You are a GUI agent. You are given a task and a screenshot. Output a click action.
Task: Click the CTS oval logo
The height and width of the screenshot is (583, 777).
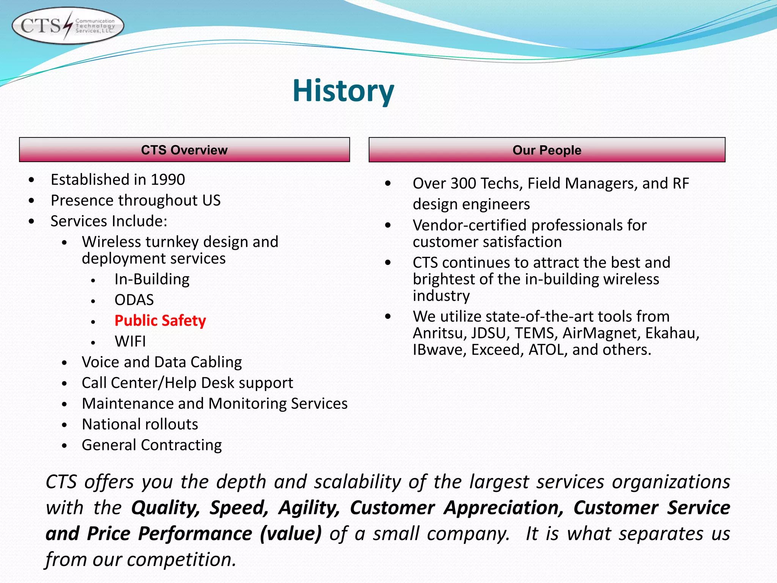[x=68, y=26]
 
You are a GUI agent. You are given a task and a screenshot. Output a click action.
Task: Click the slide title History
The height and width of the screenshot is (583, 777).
[x=343, y=91]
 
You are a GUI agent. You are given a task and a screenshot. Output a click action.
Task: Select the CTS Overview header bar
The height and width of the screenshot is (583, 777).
[x=184, y=150]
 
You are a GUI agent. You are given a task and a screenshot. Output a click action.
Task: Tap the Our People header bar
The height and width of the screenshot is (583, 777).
[x=547, y=150]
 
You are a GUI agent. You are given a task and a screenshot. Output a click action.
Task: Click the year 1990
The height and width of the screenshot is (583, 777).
[x=168, y=180]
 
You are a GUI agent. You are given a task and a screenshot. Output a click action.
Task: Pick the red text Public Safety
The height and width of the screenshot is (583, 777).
[x=160, y=321]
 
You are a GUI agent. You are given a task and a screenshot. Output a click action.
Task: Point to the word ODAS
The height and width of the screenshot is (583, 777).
[x=134, y=300]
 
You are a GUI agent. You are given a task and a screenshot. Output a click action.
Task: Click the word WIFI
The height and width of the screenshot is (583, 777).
[x=130, y=341]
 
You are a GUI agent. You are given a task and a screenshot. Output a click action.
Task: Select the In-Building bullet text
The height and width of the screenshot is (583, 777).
[x=152, y=279]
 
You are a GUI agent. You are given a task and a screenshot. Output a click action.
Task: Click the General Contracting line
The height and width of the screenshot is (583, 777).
[x=152, y=445]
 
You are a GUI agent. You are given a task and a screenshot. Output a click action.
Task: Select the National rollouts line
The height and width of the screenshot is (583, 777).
[x=140, y=424]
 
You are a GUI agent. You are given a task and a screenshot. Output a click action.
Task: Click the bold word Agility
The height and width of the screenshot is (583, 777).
[x=309, y=508]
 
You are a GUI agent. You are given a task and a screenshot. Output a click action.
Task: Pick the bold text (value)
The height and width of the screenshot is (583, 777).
[x=291, y=534]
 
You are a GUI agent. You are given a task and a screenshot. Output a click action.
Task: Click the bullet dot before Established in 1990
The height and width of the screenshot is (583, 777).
[x=31, y=180]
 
